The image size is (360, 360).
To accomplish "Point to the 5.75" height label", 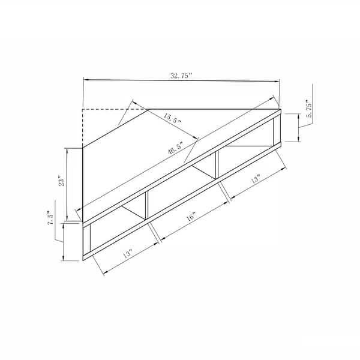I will [308, 112].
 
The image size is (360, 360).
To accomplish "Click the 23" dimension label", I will [61, 181].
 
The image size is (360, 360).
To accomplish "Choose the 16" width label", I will [190, 218].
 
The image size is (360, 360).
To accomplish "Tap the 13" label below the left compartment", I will [127, 254].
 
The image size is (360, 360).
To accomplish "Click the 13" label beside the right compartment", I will [256, 179].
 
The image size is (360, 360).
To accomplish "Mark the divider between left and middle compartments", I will [146, 206].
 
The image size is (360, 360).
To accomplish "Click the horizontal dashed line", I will [114, 109].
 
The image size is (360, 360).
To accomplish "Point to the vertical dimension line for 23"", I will [68, 180].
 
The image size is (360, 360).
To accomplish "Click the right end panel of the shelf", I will [277, 128].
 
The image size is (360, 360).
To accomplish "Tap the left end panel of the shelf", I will [86, 241].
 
